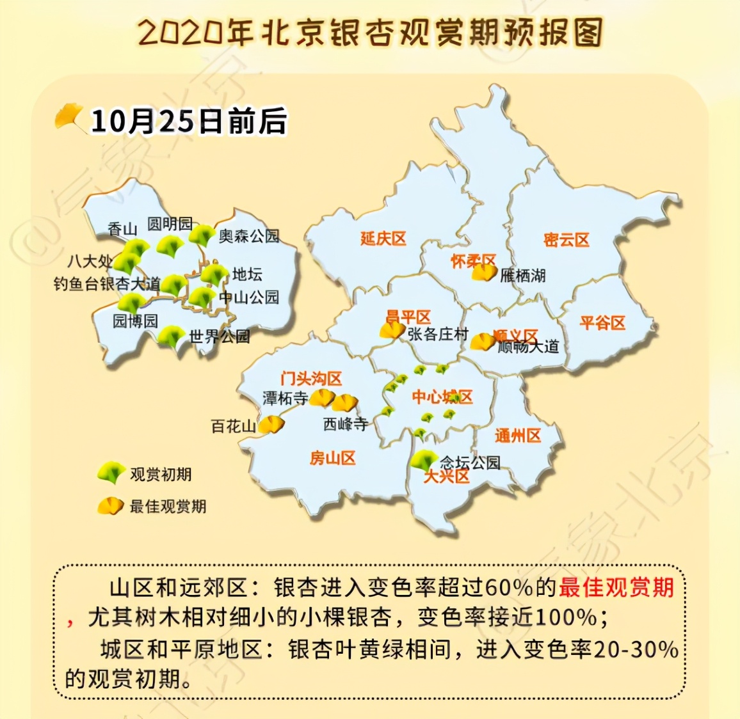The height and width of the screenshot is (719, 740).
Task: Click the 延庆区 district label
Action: [383, 239]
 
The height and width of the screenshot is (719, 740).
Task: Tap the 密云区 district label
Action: [566, 240]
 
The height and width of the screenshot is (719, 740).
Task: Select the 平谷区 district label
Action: [602, 322]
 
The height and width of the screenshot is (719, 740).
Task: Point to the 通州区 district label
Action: [517, 436]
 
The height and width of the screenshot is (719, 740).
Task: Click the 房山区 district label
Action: [332, 458]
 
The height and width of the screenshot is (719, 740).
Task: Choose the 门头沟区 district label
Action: [311, 379]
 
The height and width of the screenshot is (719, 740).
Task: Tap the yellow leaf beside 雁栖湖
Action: [484, 273]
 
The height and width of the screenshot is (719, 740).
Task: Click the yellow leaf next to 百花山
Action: [272, 424]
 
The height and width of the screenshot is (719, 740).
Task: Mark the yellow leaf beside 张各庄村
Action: [392, 330]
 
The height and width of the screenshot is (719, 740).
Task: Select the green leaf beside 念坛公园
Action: [423, 460]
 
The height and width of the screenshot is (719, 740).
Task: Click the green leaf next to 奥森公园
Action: [202, 235]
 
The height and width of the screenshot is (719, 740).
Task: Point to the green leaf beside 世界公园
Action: [171, 336]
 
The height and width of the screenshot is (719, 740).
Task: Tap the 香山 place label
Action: [122, 228]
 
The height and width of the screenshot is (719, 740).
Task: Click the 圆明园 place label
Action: [170, 223]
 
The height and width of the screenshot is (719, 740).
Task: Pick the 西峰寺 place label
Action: [345, 423]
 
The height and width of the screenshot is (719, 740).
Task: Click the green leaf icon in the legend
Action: [110, 473]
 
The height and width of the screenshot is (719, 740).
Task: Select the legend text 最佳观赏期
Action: [168, 507]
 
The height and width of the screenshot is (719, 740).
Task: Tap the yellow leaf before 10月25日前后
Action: [70, 118]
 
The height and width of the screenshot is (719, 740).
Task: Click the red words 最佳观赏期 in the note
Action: [616, 587]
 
